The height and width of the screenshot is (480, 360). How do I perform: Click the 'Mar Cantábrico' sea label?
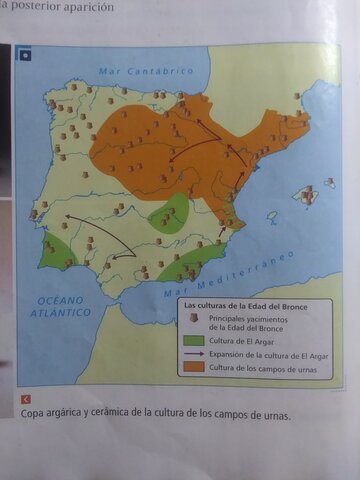tap(146, 72)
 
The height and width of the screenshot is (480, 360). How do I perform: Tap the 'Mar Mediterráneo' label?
tap(228, 274)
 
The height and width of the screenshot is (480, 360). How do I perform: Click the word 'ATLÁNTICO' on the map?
tap(61, 312)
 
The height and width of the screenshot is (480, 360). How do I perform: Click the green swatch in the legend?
tap(193, 340)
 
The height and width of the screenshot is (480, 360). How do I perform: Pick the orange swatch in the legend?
tap(193, 367)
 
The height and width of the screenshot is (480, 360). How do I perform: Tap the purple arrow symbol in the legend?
tap(193, 354)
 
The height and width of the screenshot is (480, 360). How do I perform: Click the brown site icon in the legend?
tap(193, 318)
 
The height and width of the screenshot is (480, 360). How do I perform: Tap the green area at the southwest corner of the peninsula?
tap(56, 250)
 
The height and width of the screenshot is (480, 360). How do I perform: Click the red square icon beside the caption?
tap(25, 399)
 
